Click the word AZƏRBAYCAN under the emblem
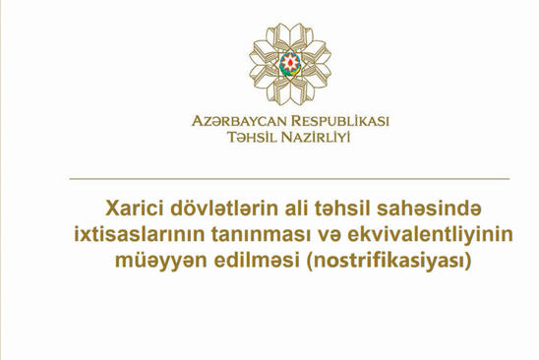point(239,121)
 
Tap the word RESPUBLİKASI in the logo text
point(340,121)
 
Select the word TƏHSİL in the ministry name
point(252,137)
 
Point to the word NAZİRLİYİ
point(316,137)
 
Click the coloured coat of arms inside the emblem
point(290,64)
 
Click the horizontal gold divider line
point(289,179)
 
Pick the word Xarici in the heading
point(135,209)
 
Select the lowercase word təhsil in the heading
point(341,209)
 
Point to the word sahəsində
point(429,209)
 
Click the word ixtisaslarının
point(139,234)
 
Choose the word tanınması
point(259,235)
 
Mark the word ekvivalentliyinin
point(430,235)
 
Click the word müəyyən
point(161,261)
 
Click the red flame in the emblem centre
point(290,62)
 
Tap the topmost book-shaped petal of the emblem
point(290,34)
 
